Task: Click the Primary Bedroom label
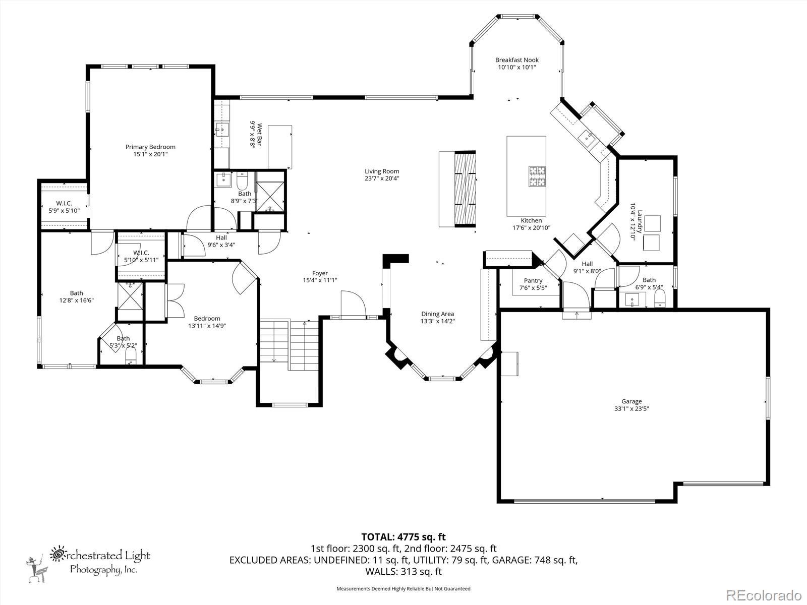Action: [150, 147]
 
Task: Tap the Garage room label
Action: [631, 401]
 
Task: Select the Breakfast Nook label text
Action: [517, 60]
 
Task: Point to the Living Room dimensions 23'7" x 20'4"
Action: [382, 178]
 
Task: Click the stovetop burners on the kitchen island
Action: [538, 176]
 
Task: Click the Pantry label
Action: [533, 281]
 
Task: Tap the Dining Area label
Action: [437, 314]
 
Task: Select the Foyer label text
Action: [320, 273]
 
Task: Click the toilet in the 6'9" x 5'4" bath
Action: [660, 297]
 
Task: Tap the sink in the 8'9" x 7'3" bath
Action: [223, 180]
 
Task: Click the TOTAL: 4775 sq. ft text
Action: [403, 537]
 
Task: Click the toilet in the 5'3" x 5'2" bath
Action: [131, 355]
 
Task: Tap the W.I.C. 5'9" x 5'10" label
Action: [64, 207]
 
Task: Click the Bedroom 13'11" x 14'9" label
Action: [207, 322]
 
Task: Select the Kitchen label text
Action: [531, 220]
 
